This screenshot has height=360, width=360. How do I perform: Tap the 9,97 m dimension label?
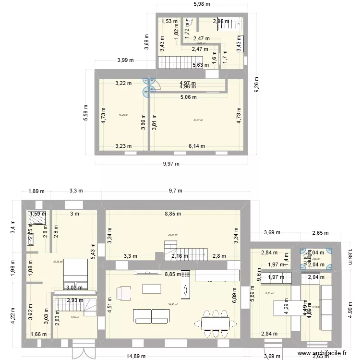click(171, 164)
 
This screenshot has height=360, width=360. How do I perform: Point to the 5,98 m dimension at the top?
click(201, 4)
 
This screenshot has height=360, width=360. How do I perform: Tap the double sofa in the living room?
click(152, 316)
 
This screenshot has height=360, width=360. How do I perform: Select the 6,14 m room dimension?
click(196, 146)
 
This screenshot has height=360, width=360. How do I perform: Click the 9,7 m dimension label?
click(176, 191)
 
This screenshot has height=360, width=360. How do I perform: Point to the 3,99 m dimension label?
click(125, 60)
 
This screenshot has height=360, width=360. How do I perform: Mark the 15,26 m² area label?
click(123, 115)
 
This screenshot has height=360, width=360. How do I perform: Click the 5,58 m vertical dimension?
click(85, 113)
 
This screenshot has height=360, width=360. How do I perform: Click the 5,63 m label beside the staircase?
click(200, 66)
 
